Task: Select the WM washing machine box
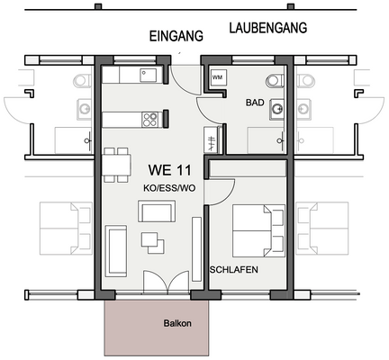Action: click(x=217, y=78)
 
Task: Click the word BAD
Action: click(x=254, y=103)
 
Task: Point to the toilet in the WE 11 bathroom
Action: click(x=273, y=78)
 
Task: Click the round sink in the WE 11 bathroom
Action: click(x=276, y=112)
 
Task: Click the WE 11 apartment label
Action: click(x=169, y=167)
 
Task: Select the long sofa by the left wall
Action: click(x=117, y=252)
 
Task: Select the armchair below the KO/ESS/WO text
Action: click(x=157, y=212)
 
